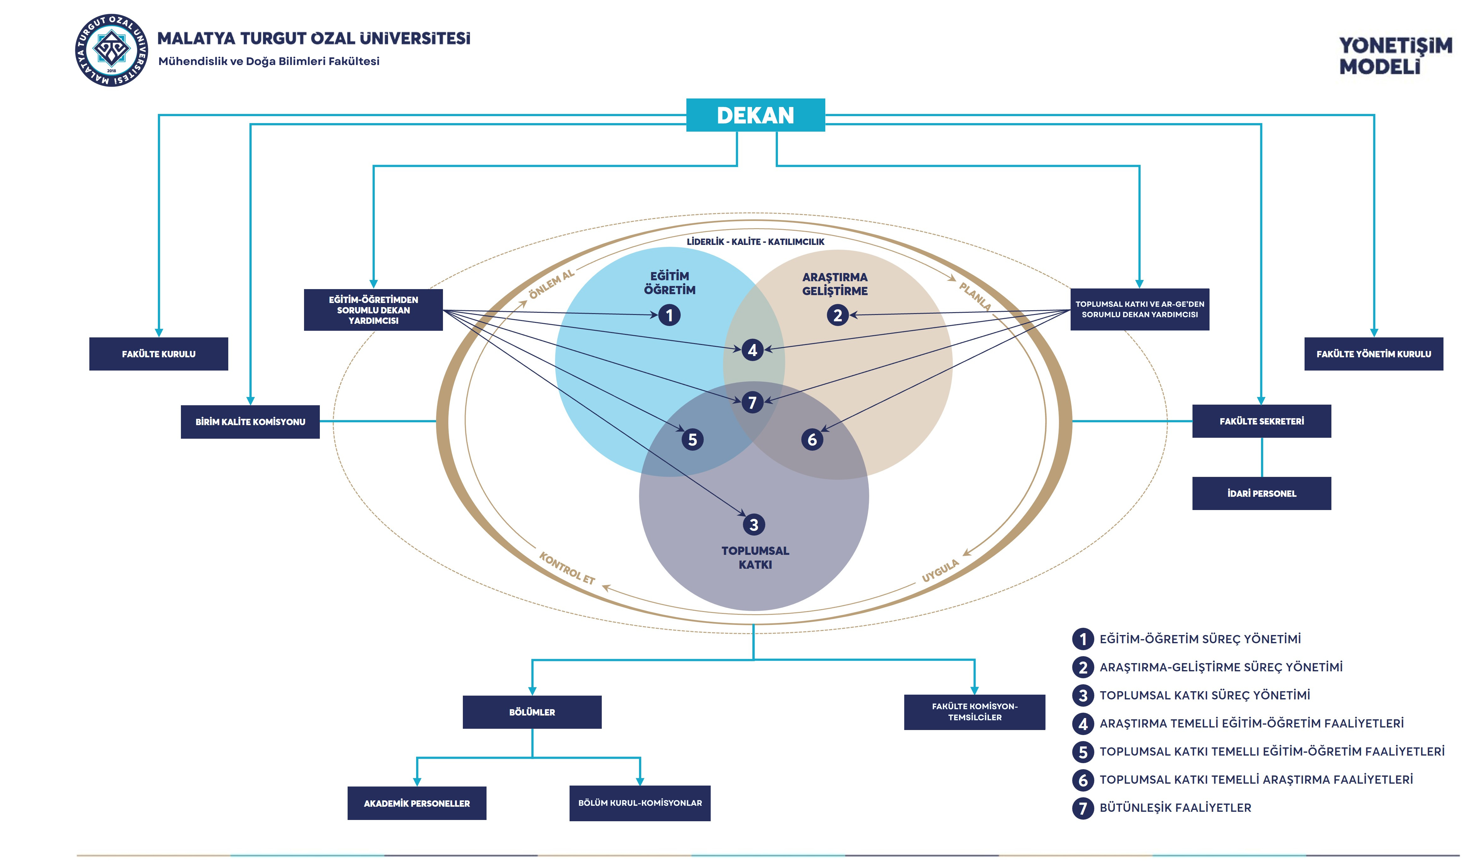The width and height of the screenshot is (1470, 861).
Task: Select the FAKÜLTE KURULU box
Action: coord(159,353)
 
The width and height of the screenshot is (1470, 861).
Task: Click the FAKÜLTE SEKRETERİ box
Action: coord(1261,421)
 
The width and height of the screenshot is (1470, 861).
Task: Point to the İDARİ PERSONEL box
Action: coord(1261,493)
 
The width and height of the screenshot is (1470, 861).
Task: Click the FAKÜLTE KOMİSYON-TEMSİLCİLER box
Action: coord(974,712)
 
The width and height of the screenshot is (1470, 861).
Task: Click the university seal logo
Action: coord(111,50)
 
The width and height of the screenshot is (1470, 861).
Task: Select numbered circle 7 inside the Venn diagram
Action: coord(752,402)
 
